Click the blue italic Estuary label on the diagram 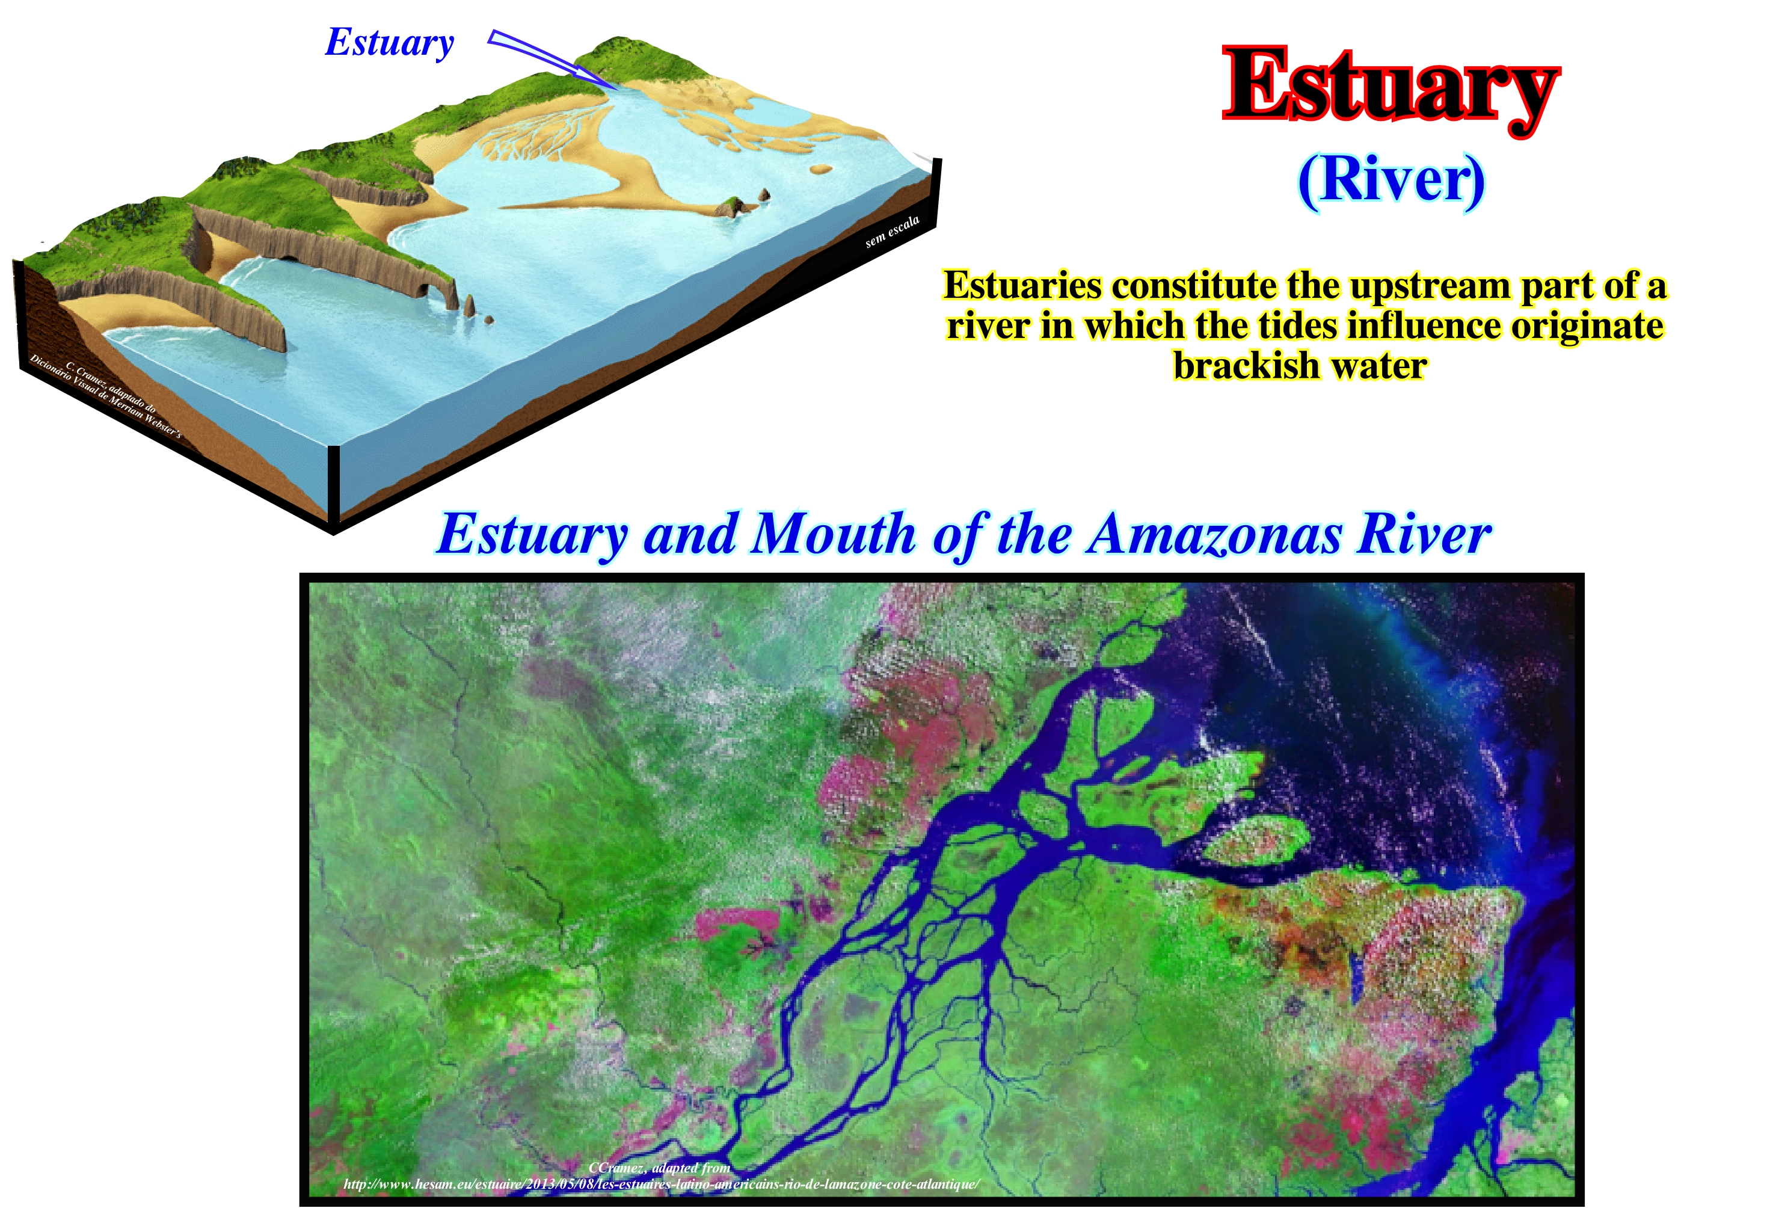[x=390, y=43]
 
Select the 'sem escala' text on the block [x=892, y=232]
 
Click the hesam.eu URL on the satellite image [x=661, y=1185]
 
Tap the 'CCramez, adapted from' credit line [x=660, y=1168]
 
